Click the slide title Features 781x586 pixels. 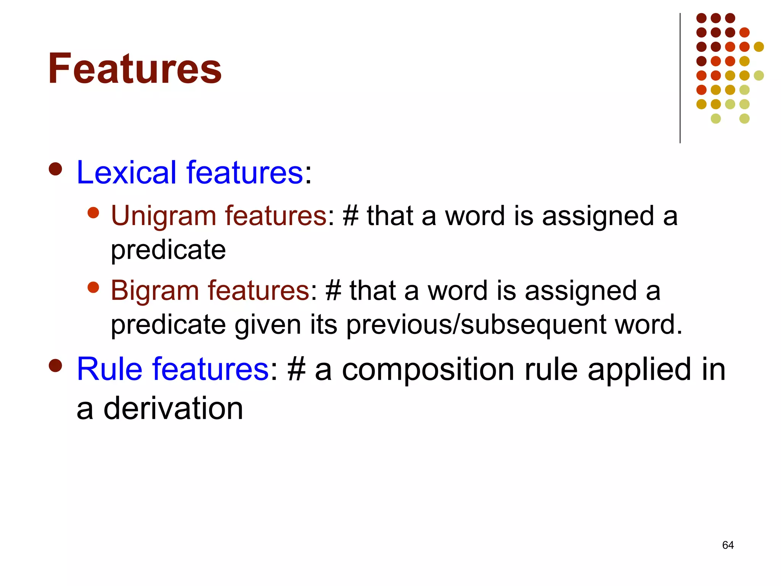(x=135, y=69)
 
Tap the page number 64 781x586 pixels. (x=728, y=545)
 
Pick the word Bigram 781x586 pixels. (x=154, y=291)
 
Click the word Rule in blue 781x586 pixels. (x=109, y=369)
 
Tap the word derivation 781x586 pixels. (x=173, y=409)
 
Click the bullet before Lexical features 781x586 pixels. (x=56, y=169)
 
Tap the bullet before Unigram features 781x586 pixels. (x=93, y=213)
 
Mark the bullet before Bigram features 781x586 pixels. (x=93, y=287)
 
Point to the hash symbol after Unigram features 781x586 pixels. (x=350, y=216)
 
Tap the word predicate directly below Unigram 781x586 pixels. (x=168, y=250)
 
